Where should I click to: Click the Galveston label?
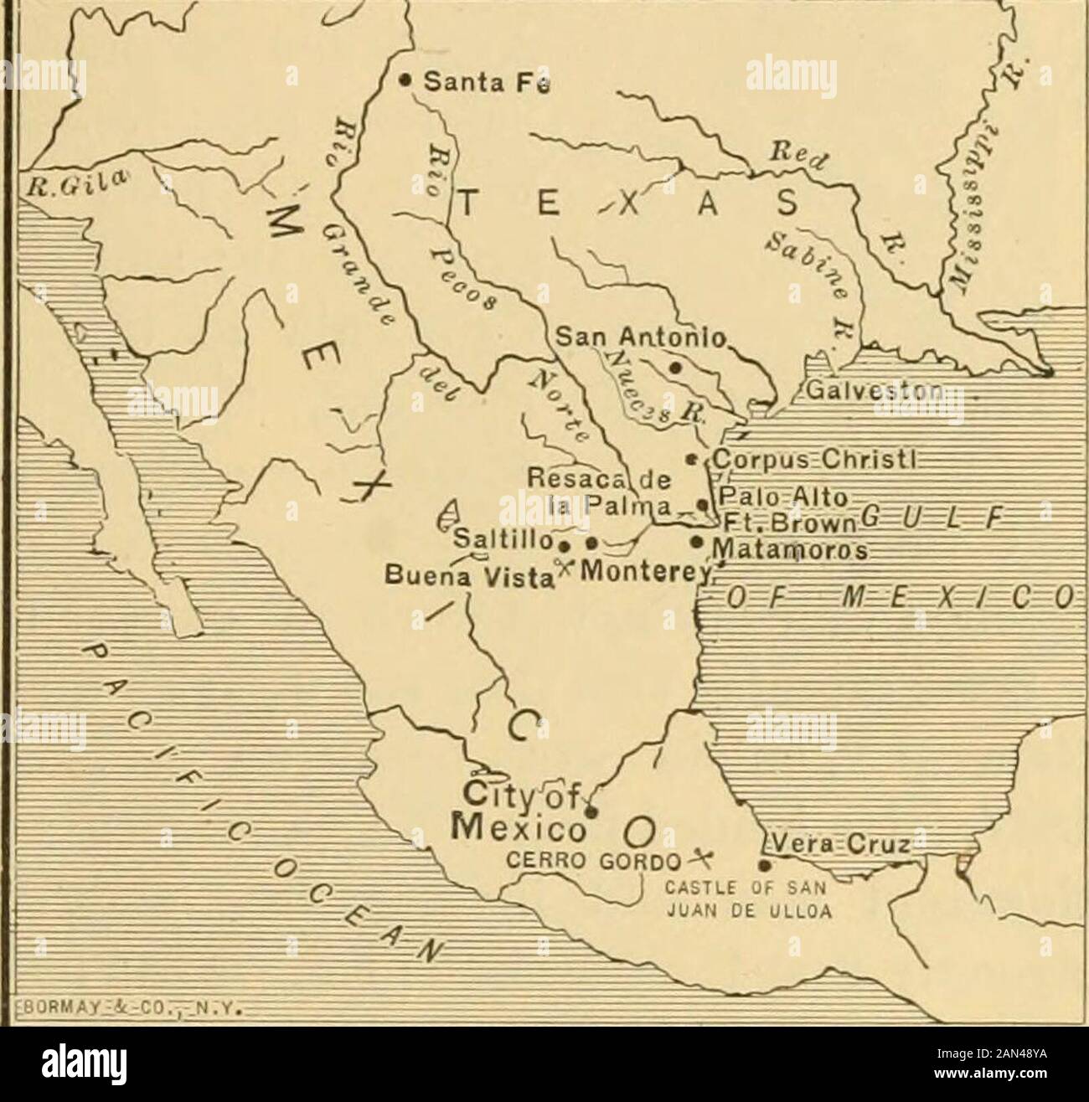click(x=866, y=392)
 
